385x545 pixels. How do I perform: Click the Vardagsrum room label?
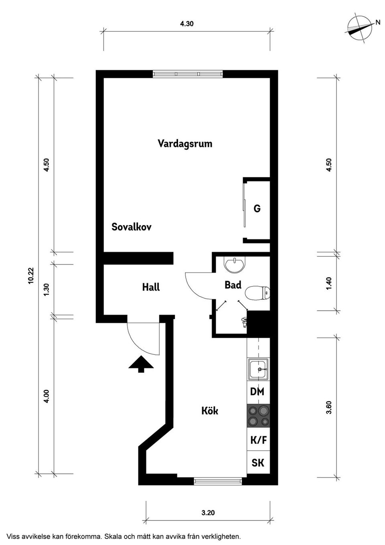point(185,144)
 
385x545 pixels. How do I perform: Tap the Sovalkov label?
point(132,227)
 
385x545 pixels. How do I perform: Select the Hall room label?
point(151,287)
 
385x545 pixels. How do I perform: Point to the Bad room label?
point(233,285)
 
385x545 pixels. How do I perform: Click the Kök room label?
point(210,411)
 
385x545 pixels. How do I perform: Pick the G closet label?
point(257,208)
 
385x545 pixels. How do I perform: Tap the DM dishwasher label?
point(257,392)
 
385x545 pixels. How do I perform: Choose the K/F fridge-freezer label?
point(258,440)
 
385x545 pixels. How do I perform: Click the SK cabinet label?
point(258,463)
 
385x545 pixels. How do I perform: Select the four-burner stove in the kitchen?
point(258,416)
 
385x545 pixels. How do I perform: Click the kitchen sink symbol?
point(259,369)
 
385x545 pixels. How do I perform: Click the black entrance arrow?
point(141,364)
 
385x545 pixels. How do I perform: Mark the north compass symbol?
point(359,29)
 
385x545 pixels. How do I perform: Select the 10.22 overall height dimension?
point(31,276)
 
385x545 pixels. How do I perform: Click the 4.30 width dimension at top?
point(187,24)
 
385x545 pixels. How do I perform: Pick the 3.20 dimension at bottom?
point(208,512)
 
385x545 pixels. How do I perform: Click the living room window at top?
point(187,74)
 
